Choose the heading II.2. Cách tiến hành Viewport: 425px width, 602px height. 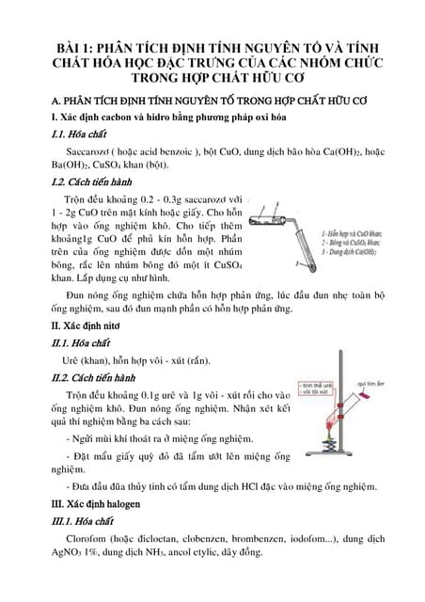tap(84, 378)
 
